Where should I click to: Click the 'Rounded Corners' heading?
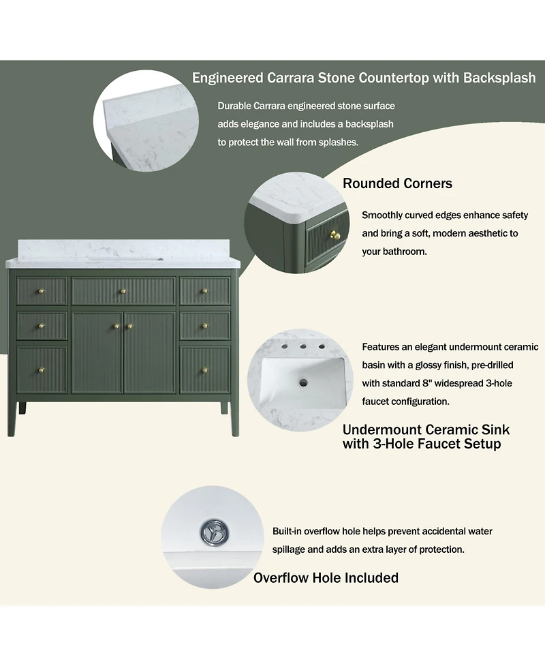[397, 183]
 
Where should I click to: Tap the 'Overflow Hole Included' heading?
[326, 577]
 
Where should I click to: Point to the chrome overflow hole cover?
[215, 531]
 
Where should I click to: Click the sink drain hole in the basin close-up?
[303, 382]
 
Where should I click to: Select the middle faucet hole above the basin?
[303, 346]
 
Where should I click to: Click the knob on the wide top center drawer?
[123, 291]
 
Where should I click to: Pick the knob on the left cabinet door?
[116, 327]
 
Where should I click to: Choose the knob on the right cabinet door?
[130, 327]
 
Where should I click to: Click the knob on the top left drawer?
[42, 291]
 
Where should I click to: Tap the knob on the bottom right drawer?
[204, 370]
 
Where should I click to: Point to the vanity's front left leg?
[12, 419]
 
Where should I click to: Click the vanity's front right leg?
[235, 419]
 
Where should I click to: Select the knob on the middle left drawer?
[42, 327]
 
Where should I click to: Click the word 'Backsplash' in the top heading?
[499, 78]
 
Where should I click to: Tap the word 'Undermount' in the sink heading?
[380, 430]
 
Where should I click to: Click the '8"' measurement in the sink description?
[427, 383]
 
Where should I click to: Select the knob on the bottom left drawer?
[42, 370]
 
